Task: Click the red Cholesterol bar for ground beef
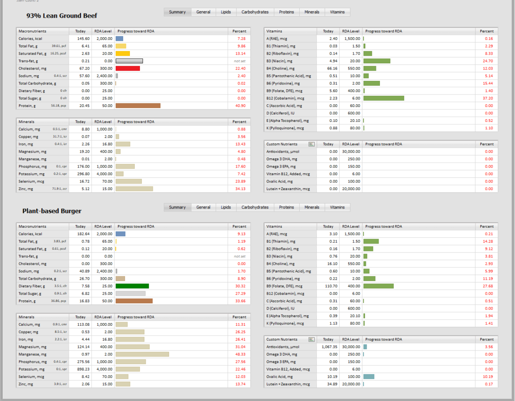click(x=128, y=68)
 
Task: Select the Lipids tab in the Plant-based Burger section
click(x=226, y=208)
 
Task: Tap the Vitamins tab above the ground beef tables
click(x=338, y=12)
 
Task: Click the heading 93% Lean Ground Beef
click(x=62, y=16)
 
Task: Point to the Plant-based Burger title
click(x=52, y=211)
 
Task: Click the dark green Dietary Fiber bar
click(x=132, y=286)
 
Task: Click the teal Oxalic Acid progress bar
click(x=369, y=377)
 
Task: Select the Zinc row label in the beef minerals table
click(x=26, y=189)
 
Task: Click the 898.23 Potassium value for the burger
click(x=81, y=369)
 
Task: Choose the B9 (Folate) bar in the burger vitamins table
click(x=379, y=286)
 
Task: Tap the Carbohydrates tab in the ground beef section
click(x=255, y=12)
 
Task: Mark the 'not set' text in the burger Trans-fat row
click(x=240, y=256)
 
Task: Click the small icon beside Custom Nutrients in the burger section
click(x=312, y=339)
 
